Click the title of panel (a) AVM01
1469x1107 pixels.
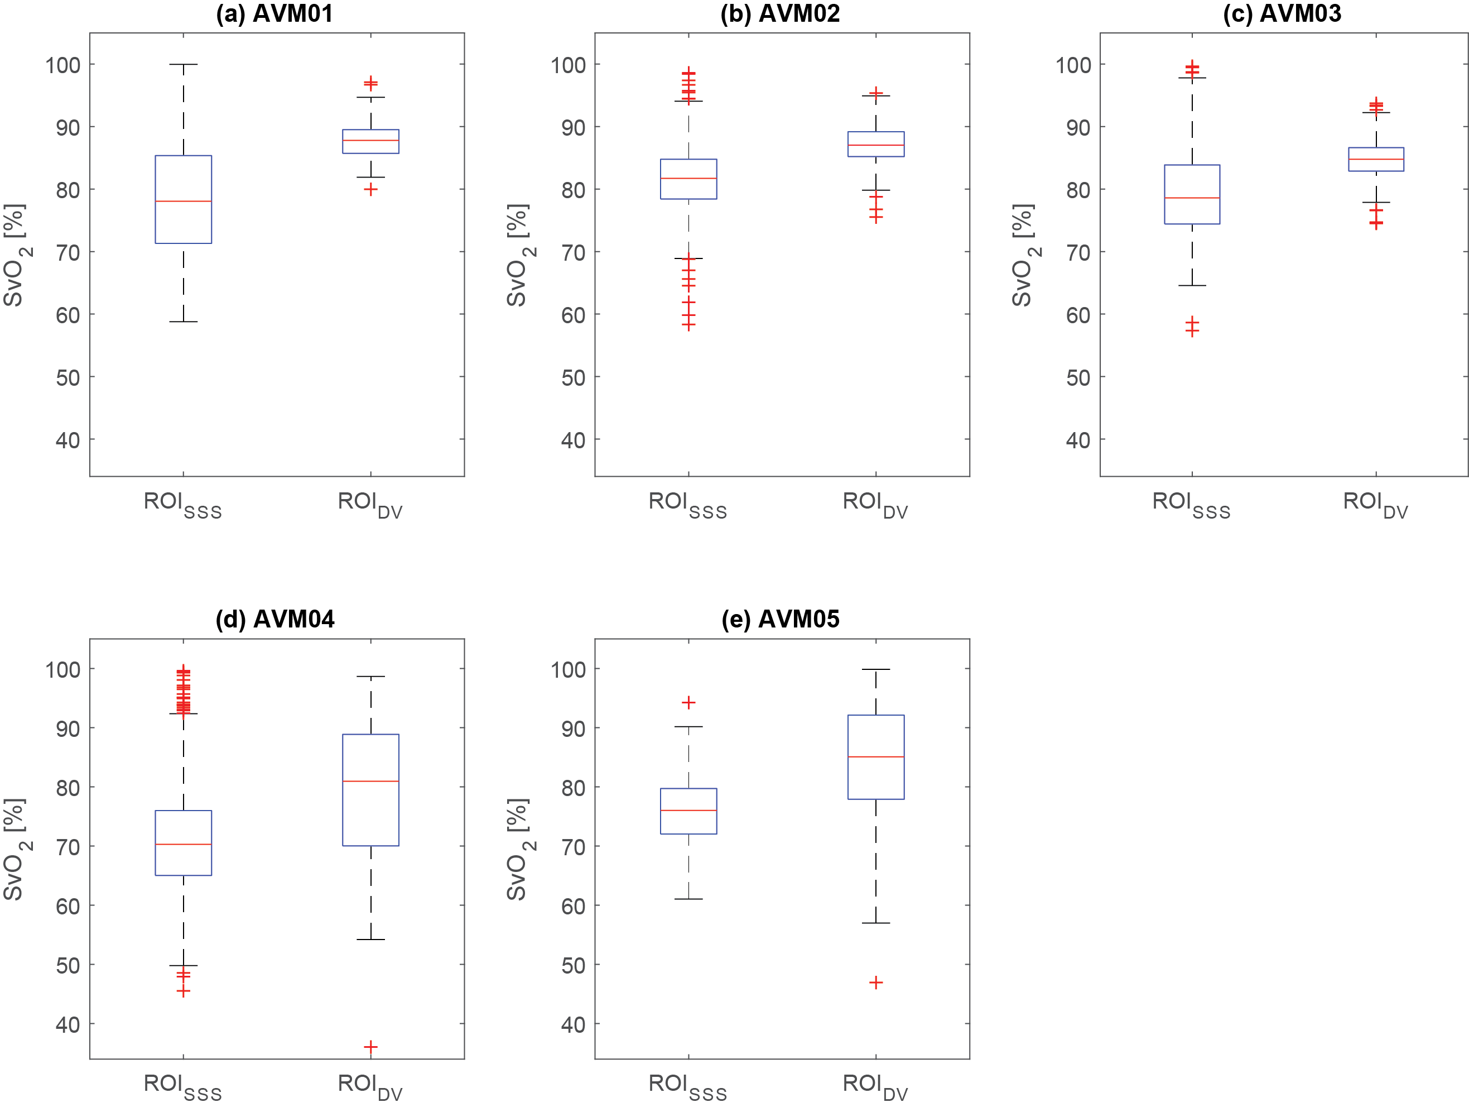(274, 14)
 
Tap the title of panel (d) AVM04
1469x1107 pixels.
(274, 619)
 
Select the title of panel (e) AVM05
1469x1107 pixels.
(781, 619)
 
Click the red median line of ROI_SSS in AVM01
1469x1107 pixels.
(184, 200)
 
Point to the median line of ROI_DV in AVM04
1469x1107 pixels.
(370, 781)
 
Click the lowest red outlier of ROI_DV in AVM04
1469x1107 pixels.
(370, 1047)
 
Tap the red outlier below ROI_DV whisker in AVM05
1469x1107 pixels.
(876, 982)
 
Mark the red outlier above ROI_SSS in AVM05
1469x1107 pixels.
(688, 702)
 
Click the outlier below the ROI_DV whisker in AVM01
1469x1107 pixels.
(370, 189)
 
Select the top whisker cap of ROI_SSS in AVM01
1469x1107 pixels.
(184, 64)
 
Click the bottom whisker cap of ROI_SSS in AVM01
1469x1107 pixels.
(184, 322)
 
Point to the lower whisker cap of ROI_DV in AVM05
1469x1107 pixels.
(876, 923)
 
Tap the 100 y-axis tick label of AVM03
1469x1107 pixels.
(1074, 65)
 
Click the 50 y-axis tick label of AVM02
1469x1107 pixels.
(573, 377)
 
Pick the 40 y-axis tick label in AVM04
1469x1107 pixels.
(68, 1024)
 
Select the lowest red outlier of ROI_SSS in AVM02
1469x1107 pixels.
(688, 325)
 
